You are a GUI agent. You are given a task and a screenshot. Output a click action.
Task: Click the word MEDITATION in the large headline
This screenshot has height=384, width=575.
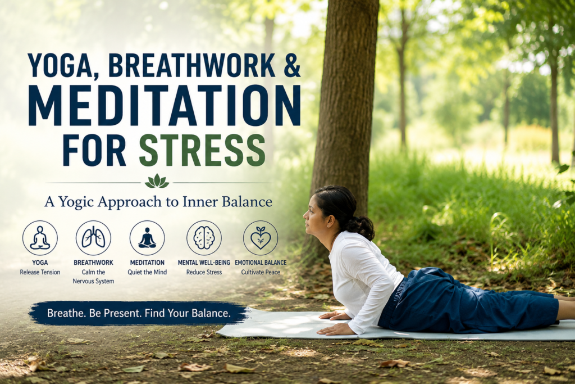(x=165, y=105)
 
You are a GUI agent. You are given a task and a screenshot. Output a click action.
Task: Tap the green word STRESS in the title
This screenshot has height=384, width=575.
(x=202, y=151)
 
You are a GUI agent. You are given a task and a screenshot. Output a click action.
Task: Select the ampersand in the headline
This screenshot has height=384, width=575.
(x=292, y=65)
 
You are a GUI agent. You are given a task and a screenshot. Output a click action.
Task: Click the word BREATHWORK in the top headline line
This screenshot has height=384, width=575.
(x=191, y=65)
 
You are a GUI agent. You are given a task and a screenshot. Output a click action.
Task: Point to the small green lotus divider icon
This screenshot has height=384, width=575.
(x=157, y=181)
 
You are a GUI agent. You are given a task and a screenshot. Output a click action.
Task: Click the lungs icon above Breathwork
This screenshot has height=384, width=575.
(x=93, y=237)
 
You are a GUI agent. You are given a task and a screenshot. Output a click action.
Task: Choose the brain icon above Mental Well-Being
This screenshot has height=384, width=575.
(x=204, y=237)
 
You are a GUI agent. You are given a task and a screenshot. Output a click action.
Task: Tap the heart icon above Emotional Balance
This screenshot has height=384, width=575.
(x=261, y=237)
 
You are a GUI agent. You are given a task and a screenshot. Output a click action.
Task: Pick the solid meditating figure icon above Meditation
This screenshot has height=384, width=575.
(x=147, y=237)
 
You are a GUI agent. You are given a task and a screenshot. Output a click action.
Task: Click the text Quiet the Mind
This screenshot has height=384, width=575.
(x=147, y=272)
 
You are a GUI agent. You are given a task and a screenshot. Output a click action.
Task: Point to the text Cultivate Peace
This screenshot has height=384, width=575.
(x=261, y=272)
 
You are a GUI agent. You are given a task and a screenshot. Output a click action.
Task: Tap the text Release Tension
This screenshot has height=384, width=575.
(x=40, y=272)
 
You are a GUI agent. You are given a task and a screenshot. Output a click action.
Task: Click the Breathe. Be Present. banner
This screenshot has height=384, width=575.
(x=139, y=314)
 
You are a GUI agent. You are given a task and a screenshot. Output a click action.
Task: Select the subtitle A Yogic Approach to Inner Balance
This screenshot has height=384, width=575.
(x=158, y=202)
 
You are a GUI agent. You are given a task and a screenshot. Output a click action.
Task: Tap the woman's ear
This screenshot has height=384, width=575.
(x=330, y=220)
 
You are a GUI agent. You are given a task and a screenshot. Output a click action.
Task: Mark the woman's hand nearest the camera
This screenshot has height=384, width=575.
(x=332, y=329)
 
